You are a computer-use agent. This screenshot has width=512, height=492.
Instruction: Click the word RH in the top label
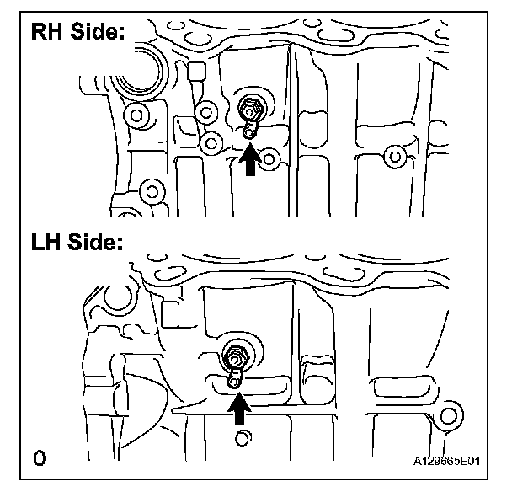click(50, 34)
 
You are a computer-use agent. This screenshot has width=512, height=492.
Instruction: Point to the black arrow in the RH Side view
click(249, 160)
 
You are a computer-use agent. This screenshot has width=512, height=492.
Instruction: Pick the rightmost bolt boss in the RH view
click(392, 155)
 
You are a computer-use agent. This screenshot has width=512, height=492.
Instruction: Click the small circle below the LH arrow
click(243, 438)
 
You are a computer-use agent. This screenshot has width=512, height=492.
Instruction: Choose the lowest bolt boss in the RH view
click(152, 190)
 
